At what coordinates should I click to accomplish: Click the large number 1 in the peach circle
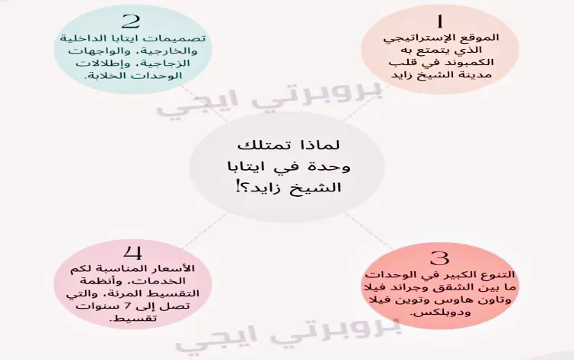pos(439,21)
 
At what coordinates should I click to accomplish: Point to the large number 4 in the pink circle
pos(133,252)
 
